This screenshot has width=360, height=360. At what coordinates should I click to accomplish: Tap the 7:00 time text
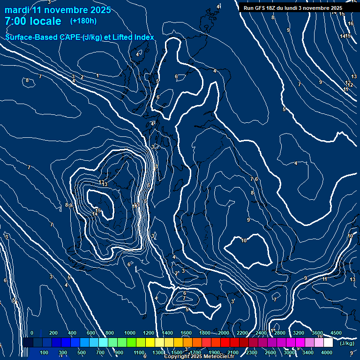tap(18, 21)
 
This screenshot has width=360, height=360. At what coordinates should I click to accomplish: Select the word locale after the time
tap(47, 21)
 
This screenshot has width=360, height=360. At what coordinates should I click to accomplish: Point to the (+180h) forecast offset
tap(83, 21)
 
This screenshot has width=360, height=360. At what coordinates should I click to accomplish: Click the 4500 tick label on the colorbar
tap(336, 333)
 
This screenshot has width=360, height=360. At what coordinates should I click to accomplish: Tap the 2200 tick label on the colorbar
tap(242, 333)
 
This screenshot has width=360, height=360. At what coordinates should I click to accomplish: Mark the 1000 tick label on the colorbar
tap(130, 333)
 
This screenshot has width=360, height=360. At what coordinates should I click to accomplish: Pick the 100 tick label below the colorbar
tap(45, 352)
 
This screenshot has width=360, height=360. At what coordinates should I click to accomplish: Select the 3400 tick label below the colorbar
tap(308, 352)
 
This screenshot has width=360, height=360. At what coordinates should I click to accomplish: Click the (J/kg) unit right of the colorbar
tap(347, 343)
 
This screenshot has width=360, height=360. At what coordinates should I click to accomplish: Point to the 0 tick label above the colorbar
tap(32, 333)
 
